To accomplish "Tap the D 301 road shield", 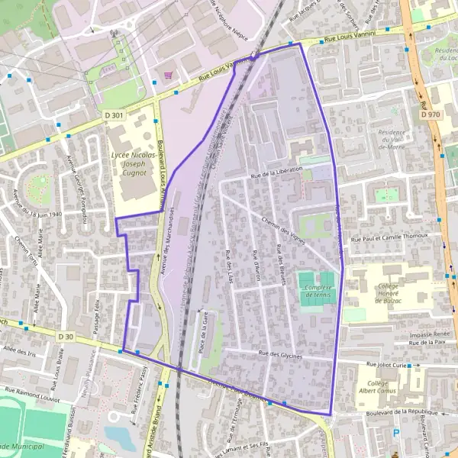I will (114, 115).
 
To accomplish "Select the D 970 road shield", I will (430, 114).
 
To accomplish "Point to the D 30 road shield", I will (67, 336).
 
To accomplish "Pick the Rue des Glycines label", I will (281, 355).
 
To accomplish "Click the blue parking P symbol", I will (395, 433).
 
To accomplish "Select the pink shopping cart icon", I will (168, 75).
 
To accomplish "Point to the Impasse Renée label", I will (429, 334).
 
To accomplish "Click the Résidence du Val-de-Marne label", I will (391, 140).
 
